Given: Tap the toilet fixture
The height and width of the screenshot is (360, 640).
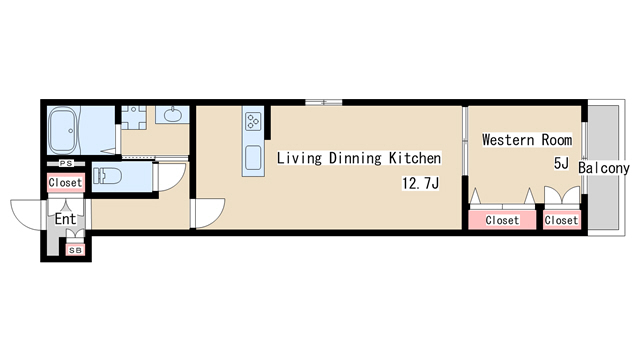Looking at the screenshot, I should [107, 177].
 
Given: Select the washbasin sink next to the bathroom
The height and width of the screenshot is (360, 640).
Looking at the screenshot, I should [172, 114].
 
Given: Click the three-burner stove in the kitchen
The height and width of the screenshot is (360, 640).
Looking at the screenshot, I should [252, 122].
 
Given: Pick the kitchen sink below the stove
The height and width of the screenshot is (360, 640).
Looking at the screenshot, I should [253, 157].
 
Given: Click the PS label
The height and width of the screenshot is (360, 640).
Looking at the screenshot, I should [65, 163].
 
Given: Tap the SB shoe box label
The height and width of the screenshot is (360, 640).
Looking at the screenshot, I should [75, 250].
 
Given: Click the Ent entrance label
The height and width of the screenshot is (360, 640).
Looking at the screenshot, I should [65, 219].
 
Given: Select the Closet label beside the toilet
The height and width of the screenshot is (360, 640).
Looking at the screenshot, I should [66, 183].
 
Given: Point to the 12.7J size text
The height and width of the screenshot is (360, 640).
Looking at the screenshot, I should [421, 184].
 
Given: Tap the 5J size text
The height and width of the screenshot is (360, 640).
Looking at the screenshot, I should [560, 162].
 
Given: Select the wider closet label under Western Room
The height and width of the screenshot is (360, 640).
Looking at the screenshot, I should [502, 219].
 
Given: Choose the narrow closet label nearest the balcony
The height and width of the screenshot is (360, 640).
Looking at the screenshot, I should [561, 219].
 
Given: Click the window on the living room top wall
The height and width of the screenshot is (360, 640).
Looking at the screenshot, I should [323, 101].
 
